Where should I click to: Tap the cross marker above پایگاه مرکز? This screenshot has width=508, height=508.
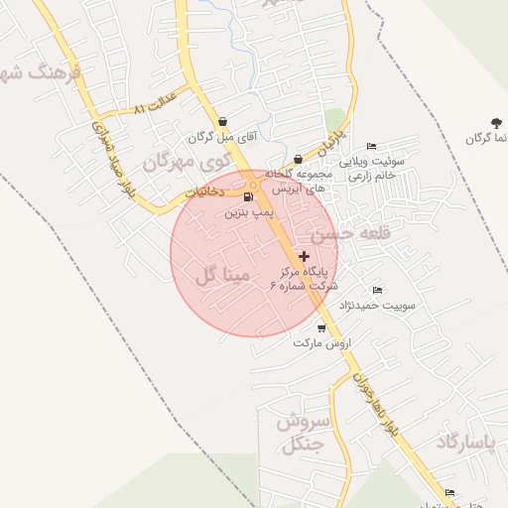tap(303, 256)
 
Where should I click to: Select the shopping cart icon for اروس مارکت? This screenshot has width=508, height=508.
tap(321, 327)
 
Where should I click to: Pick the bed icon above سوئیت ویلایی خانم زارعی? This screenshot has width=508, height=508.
tap(371, 146)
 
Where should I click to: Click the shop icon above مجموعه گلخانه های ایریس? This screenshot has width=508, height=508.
tap(298, 158)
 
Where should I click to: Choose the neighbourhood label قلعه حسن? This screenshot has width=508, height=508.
tap(346, 235)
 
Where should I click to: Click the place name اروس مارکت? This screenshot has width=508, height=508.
tap(322, 342)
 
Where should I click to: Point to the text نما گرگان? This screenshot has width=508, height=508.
tap(487, 138)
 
